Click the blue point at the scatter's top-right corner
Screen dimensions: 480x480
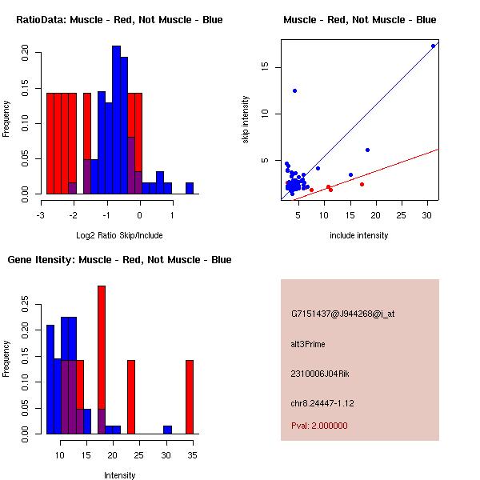[433, 46]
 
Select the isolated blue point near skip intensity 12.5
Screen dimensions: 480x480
[294, 91]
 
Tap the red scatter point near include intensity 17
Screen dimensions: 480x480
[362, 184]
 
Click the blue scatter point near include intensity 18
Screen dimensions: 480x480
[368, 150]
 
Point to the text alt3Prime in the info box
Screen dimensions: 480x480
[308, 344]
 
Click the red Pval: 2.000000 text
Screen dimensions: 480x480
[319, 426]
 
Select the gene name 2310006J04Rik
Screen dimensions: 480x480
[320, 374]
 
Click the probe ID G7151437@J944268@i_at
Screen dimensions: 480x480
[343, 314]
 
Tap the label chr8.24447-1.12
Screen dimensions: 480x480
[322, 403]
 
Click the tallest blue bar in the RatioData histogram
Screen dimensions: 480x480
[116, 120]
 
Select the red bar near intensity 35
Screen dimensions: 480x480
[190, 397]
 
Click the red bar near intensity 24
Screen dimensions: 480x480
[131, 397]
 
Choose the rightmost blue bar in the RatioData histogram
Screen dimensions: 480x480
[190, 188]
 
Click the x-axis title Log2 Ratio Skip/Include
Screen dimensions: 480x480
[119, 235]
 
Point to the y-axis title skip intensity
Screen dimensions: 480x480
[246, 120]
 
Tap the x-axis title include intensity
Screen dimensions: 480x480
[359, 235]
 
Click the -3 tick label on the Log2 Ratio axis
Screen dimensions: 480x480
[41, 215]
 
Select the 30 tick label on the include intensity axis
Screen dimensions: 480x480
[427, 215]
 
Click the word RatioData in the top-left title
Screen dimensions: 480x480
[42, 20]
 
